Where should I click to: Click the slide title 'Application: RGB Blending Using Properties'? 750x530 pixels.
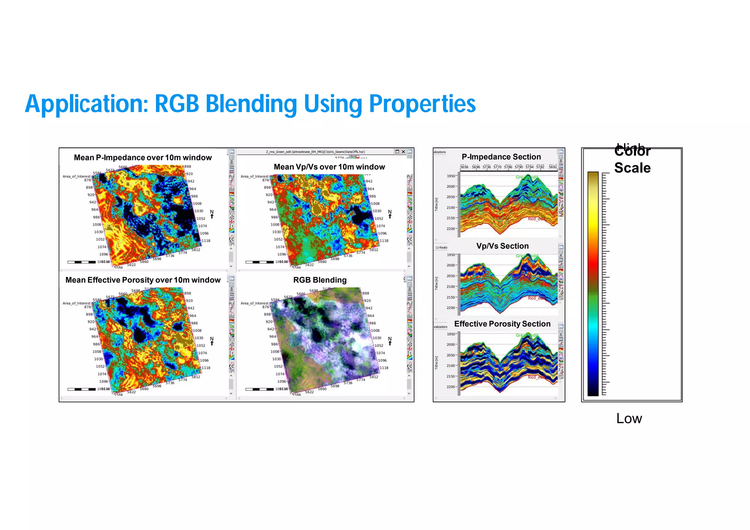coord(250,104)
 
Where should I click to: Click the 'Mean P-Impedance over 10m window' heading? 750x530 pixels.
coord(143,157)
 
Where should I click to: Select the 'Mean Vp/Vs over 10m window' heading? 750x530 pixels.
coord(329,167)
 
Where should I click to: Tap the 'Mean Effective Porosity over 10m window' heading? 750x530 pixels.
coord(143,280)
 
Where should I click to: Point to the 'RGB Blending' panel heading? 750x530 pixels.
coord(320,280)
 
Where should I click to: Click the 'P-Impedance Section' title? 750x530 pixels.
coord(501,157)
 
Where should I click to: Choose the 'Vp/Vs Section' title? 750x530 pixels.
coord(502,246)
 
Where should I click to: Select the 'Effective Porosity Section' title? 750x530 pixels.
coord(502,324)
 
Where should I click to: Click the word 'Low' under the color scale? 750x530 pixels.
coord(629,419)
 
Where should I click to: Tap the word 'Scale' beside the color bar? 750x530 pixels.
coord(632,168)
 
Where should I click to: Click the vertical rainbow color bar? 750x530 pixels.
coord(593,284)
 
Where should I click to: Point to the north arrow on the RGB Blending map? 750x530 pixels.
coord(390,341)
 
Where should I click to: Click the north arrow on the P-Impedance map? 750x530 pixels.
coord(212,214)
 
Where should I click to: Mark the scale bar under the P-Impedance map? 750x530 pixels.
coord(81,262)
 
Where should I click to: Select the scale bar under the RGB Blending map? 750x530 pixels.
coord(259,389)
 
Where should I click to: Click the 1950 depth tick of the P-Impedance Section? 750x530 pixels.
coord(451,176)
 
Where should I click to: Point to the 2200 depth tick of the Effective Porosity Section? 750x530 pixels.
coord(451,387)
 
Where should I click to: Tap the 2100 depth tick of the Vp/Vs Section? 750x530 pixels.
coord(451,286)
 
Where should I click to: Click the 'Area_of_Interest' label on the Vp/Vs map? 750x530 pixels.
coord(254,177)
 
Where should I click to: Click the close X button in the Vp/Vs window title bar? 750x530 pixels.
coord(403,152)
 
